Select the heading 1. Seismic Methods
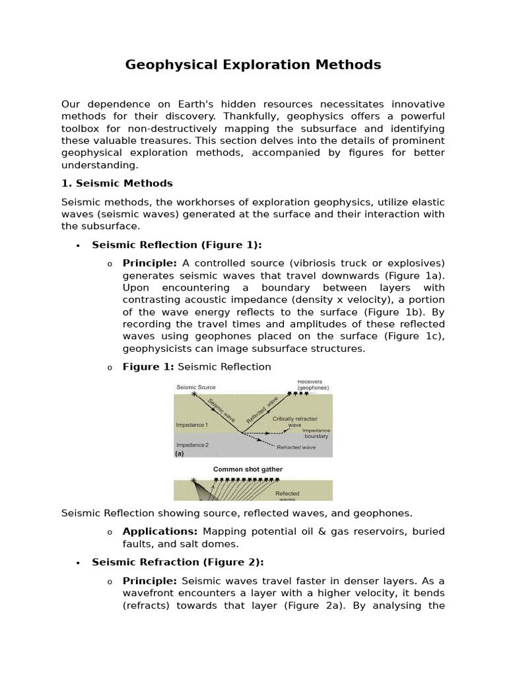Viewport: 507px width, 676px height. point(117,183)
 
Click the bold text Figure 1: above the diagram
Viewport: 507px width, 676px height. point(149,366)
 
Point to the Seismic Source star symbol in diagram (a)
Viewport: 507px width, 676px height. point(193,394)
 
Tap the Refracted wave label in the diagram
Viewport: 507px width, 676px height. point(296,448)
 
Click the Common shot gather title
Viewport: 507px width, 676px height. point(248,469)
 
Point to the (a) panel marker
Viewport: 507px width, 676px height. point(180,454)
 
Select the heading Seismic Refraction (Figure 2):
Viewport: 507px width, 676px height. point(178,562)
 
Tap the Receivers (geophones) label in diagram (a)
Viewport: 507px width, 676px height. point(312,384)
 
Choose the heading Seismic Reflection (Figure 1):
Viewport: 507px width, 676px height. point(177,245)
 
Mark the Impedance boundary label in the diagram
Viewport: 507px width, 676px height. point(316,433)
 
